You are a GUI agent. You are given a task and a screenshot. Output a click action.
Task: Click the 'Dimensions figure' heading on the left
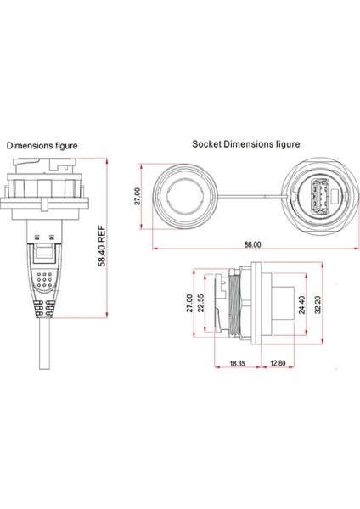click(42, 146)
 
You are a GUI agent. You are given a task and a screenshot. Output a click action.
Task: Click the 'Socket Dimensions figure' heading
click(246, 144)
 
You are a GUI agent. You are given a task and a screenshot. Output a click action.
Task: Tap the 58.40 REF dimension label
click(102, 246)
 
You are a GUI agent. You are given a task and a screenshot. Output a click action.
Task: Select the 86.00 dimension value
click(252, 244)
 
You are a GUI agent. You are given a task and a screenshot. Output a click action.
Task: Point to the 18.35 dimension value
click(237, 363)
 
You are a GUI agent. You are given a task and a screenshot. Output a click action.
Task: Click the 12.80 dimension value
click(278, 363)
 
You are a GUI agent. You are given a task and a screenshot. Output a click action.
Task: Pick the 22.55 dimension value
click(201, 303)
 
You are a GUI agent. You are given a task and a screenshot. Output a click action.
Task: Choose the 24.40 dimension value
click(302, 305)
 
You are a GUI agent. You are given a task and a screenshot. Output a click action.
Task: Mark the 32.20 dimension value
click(318, 305)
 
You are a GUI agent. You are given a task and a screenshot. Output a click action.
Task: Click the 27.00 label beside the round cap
click(138, 196)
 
